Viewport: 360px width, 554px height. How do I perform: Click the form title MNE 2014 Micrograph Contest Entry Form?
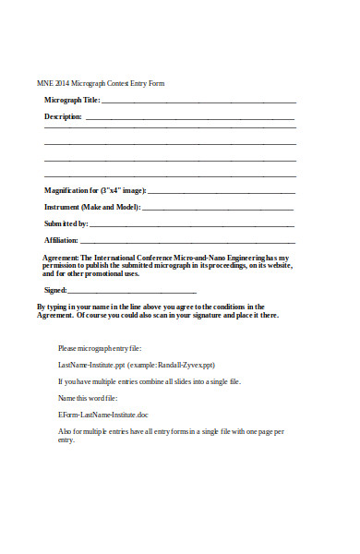point(100,84)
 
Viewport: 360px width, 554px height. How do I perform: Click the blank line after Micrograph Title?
point(198,101)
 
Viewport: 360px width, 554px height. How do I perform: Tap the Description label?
point(63,117)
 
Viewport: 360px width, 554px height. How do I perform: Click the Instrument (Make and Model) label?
point(92,207)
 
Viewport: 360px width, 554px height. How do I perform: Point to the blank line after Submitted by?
point(192,224)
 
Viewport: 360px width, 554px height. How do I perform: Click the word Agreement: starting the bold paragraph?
point(61,258)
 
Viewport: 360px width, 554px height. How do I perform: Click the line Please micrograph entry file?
point(100,348)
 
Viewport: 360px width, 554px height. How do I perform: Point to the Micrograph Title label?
point(71,100)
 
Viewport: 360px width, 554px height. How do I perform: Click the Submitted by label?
point(66,223)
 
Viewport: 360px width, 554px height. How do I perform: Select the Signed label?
point(55,290)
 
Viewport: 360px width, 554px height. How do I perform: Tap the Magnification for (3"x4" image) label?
point(95,190)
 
